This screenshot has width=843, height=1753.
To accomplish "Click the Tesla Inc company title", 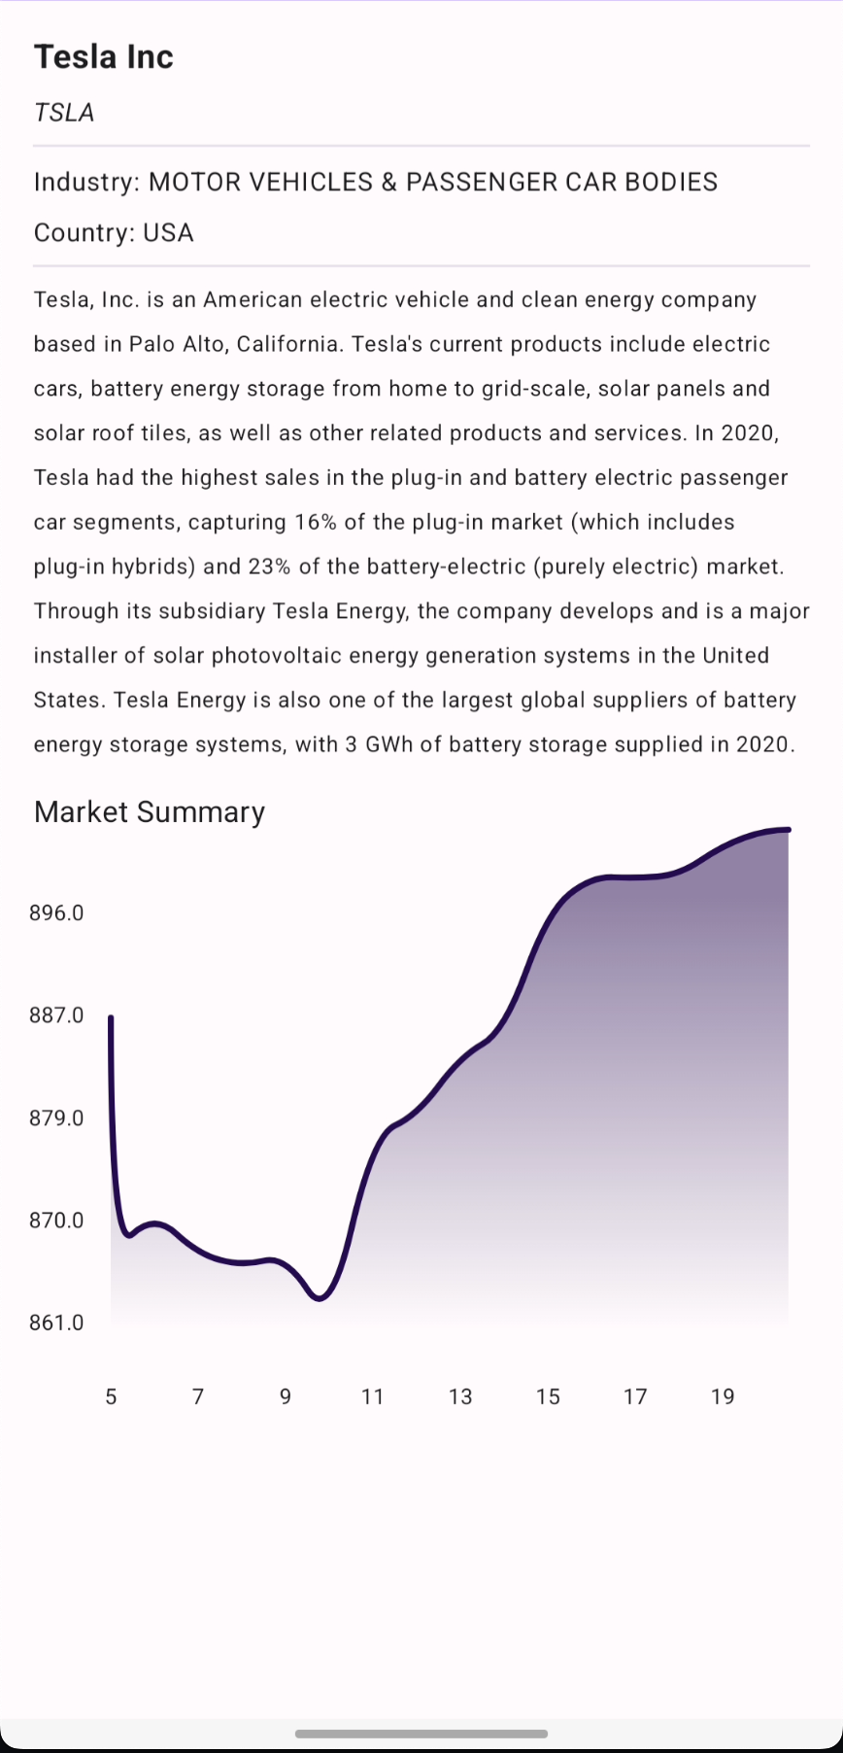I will click(x=104, y=57).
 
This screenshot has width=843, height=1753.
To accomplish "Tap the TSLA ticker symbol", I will click(x=64, y=113).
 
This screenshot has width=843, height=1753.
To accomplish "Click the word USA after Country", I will click(x=168, y=233).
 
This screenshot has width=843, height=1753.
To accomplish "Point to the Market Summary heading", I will click(x=150, y=811).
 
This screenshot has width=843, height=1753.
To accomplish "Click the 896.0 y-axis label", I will click(x=56, y=912).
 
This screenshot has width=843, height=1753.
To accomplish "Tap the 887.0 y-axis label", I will click(x=56, y=1014).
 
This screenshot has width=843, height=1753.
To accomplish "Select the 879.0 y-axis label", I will click(x=56, y=1117).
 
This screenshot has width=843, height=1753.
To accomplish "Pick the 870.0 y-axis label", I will click(x=56, y=1220).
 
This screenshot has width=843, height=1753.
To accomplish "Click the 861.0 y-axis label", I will click(x=56, y=1323).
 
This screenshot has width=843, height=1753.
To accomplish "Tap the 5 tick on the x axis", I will click(x=111, y=1396).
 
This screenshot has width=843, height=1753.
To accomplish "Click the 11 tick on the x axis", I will click(x=373, y=1396).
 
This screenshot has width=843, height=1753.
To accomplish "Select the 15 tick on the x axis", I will click(x=548, y=1396).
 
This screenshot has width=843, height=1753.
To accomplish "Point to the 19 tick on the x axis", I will click(x=723, y=1396).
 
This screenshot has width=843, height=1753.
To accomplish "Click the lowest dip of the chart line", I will click(x=320, y=1298).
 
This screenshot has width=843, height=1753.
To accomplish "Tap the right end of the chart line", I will click(x=788, y=830).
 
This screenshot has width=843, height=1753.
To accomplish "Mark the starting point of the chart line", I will click(x=111, y=1017).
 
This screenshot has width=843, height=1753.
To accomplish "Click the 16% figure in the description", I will click(x=316, y=522).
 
